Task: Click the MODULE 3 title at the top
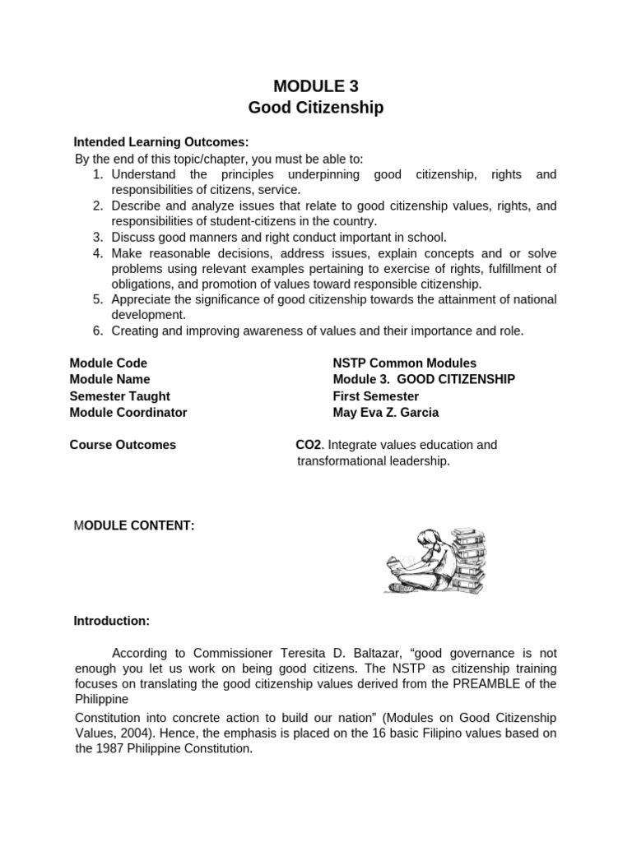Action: click(316, 86)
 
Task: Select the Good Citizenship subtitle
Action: click(316, 108)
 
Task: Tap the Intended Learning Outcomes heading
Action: click(161, 141)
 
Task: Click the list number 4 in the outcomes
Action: click(97, 253)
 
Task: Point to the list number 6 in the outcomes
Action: click(97, 331)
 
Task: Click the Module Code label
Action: click(109, 363)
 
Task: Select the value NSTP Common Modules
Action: click(404, 363)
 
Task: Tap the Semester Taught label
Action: click(119, 396)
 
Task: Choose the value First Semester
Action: click(375, 396)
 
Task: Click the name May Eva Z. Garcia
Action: click(385, 412)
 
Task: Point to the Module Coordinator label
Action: click(128, 412)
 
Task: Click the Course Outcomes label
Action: click(123, 445)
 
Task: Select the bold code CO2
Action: click(309, 445)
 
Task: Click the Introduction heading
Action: click(112, 620)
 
